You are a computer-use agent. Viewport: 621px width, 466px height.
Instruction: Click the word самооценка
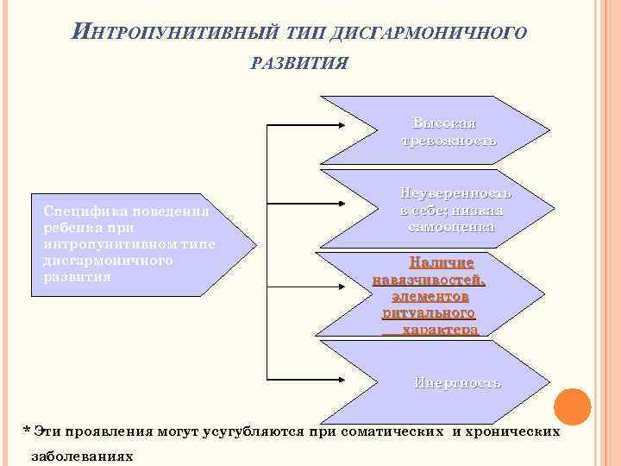[452, 227]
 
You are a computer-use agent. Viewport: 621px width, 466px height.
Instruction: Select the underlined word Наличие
[442, 261]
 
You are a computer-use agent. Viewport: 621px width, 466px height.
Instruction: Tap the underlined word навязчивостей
[430, 279]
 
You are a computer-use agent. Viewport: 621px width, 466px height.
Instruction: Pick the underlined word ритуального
[429, 312]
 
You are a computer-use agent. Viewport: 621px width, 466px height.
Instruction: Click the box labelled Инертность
[457, 382]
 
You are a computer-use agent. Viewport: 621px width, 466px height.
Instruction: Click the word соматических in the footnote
[393, 430]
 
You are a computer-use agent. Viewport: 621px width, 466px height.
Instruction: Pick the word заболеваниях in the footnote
[82, 455]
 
